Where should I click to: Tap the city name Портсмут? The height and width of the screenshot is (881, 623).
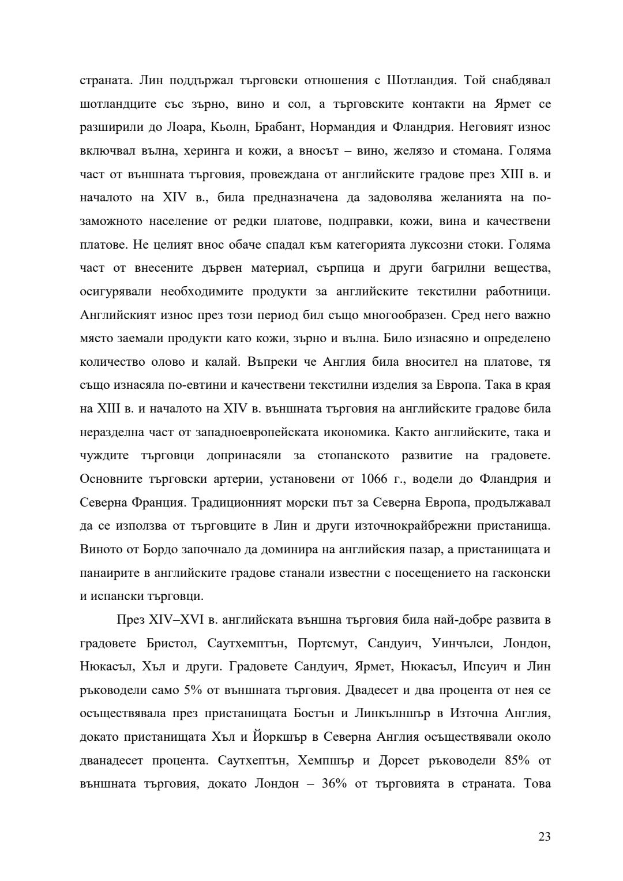coord(322,643)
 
